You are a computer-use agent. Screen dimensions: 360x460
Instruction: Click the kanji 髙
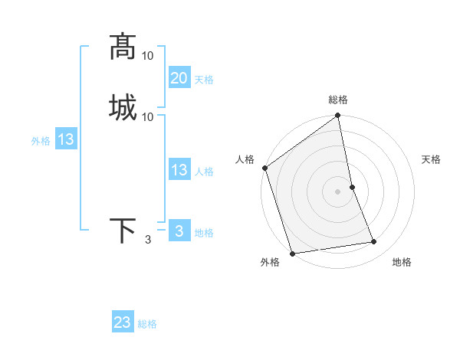[x=123, y=47]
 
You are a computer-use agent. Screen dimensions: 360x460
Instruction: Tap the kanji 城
[x=123, y=106]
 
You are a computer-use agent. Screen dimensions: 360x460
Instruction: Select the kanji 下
[x=123, y=231]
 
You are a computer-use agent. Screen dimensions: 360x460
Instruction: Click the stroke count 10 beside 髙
[x=148, y=57]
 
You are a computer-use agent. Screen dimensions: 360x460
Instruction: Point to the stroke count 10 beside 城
[x=148, y=116]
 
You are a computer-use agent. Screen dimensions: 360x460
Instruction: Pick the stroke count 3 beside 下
[x=148, y=241]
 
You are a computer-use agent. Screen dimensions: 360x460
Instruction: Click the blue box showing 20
[x=179, y=78]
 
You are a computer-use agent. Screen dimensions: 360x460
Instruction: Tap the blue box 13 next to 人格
[x=179, y=171]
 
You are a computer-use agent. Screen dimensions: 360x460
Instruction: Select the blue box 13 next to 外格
[x=66, y=140]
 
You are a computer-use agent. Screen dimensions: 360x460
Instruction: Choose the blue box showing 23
[x=123, y=322]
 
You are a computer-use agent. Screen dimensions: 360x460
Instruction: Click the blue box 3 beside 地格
[x=179, y=231]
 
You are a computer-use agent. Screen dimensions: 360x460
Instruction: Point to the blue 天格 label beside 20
[x=204, y=80]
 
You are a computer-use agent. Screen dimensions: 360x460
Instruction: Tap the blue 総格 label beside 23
[x=147, y=324]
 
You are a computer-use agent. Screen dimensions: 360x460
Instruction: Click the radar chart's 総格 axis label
[x=338, y=100]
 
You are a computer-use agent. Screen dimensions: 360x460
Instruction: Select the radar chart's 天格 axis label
[x=431, y=159]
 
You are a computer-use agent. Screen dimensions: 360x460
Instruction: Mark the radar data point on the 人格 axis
[x=264, y=168]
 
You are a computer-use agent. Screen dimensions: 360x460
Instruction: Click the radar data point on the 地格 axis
[x=374, y=242]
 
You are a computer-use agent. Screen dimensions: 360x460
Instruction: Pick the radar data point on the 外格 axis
[x=291, y=253]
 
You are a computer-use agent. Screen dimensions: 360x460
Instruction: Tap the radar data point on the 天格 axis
[x=352, y=187]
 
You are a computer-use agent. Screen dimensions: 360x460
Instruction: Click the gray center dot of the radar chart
[x=338, y=191]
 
